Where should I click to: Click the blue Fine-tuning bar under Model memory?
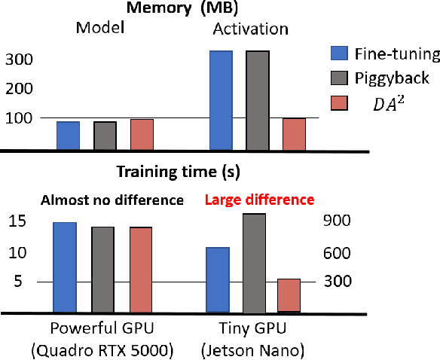(x=69, y=136)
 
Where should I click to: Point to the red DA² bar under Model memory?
(x=142, y=134)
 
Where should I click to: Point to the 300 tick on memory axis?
(x=18, y=59)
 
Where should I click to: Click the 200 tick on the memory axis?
(x=18, y=89)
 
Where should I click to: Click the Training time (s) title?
(x=178, y=172)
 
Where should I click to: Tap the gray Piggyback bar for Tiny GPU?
(x=254, y=262)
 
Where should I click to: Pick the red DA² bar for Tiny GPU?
(x=289, y=295)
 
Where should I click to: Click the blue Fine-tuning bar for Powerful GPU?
(x=64, y=267)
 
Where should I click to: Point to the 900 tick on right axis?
(x=339, y=221)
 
